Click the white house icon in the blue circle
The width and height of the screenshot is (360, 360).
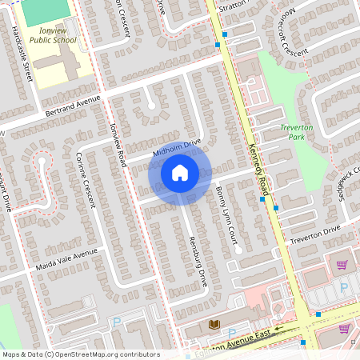tap(180, 172)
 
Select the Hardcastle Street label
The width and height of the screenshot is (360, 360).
tap(22, 53)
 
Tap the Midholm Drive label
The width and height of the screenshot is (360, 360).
tap(176, 147)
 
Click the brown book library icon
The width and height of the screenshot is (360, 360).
tap(214, 324)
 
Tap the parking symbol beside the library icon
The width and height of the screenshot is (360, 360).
tap(232, 333)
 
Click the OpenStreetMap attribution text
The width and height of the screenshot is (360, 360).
tap(80, 354)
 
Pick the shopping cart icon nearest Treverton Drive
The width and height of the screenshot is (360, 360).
tap(342, 265)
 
